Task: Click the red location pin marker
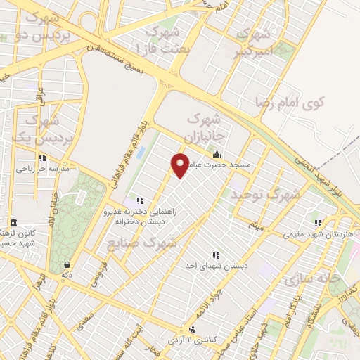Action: tap(181, 165)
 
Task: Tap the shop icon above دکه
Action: tap(67, 265)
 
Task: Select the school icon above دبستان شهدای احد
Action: tap(214, 255)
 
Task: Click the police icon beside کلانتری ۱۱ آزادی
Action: tap(193, 329)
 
